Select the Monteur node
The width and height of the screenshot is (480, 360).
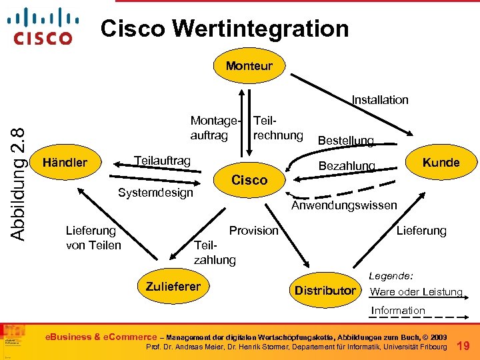(x=249, y=65)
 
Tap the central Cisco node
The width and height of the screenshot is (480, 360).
(x=249, y=179)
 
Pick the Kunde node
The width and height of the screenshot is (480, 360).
(x=441, y=162)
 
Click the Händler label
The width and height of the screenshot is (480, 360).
(x=65, y=162)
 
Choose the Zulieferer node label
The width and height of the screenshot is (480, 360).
(x=173, y=287)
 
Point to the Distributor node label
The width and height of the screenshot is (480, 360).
(x=325, y=291)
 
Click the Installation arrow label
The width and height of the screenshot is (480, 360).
(x=380, y=100)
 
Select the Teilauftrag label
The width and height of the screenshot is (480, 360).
(x=162, y=161)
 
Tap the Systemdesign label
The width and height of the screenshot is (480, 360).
(x=155, y=193)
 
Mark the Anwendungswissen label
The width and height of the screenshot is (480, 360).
(x=344, y=205)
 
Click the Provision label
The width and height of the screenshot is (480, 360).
(x=253, y=231)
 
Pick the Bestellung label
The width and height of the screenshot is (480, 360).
(x=345, y=141)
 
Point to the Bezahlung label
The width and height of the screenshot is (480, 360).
(x=347, y=165)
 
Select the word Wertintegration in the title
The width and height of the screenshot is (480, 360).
(x=261, y=29)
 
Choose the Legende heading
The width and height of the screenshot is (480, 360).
(x=391, y=275)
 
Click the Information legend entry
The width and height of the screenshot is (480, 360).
(x=398, y=310)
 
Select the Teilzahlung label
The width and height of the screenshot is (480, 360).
(x=214, y=253)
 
